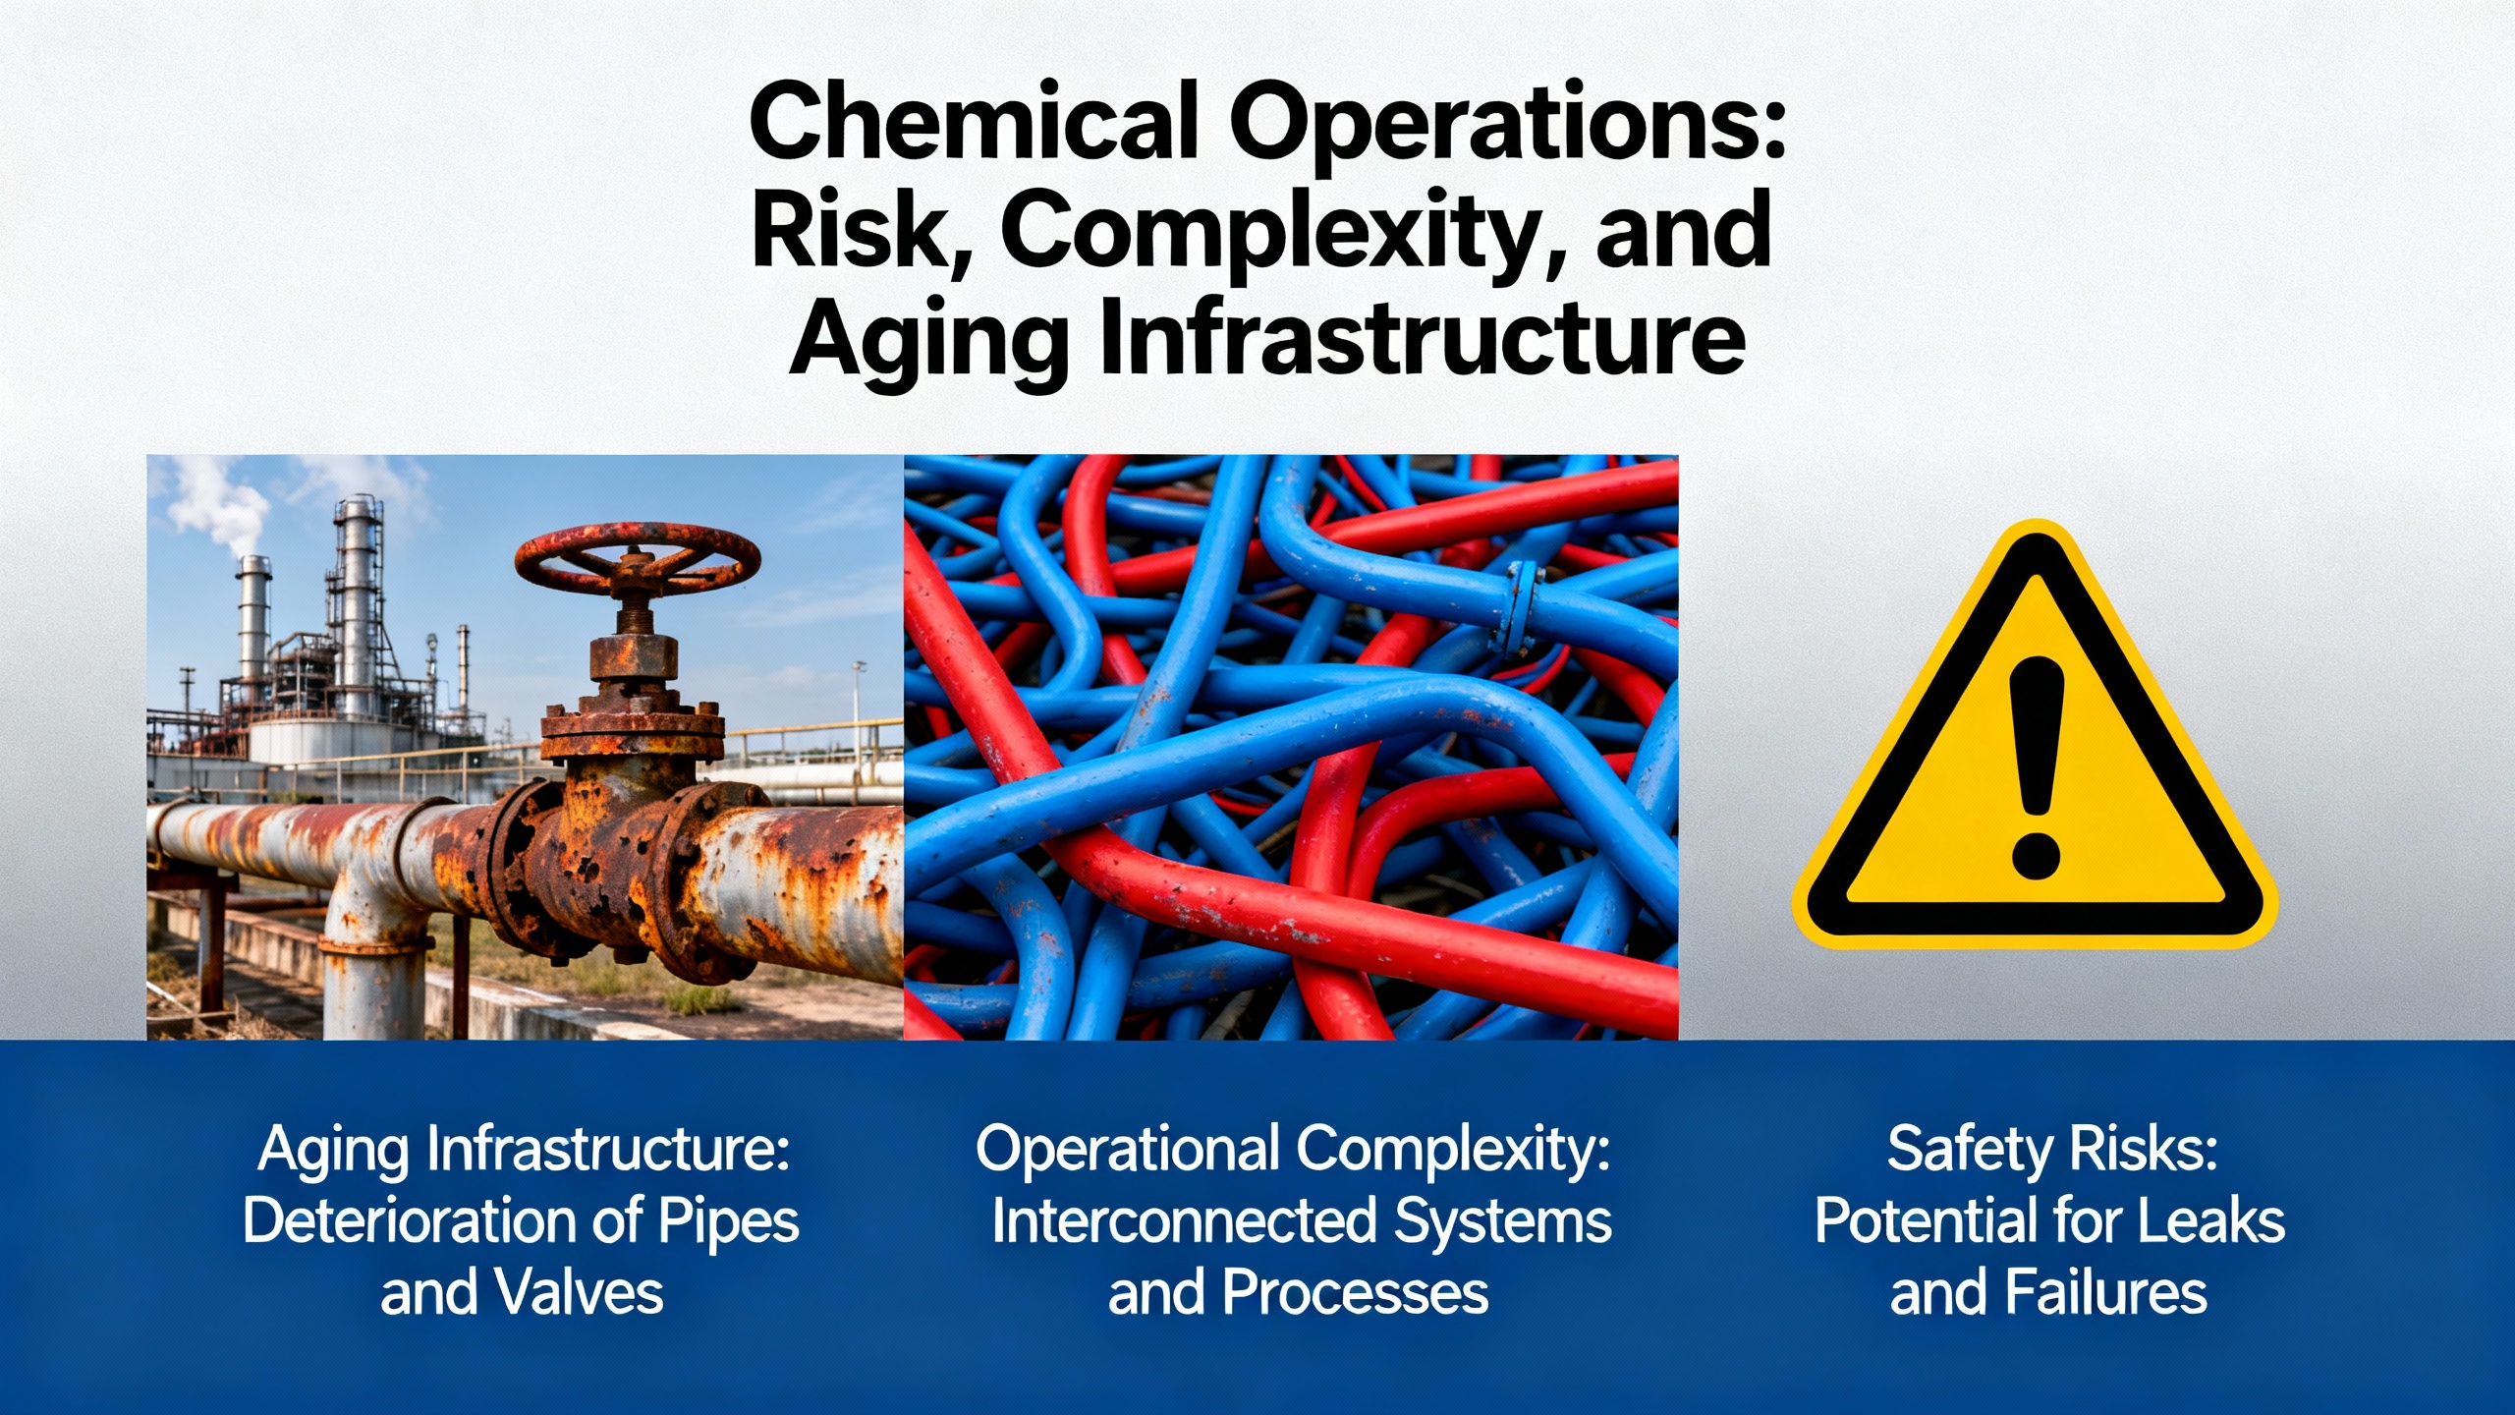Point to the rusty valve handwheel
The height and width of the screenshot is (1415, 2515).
coord(638,559)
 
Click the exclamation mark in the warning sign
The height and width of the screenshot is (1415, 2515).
coord(2036,767)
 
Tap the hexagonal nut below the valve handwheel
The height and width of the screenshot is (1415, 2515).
coord(634,656)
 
